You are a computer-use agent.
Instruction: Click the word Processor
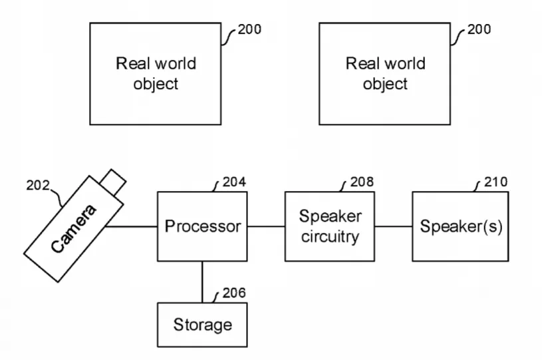(203, 227)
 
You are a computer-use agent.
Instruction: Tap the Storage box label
(203, 325)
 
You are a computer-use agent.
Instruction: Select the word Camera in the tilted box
(73, 229)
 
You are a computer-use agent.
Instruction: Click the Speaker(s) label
(461, 226)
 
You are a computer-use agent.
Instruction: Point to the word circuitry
(330, 237)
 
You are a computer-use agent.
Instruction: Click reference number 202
(38, 186)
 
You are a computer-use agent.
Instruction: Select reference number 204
(234, 182)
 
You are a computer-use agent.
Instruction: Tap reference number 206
(234, 293)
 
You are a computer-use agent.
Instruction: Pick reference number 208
(362, 182)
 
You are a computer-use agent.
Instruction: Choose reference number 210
(495, 182)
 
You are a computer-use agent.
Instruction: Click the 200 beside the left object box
(249, 29)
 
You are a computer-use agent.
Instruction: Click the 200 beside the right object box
(479, 29)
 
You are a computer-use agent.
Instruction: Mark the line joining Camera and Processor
(132, 227)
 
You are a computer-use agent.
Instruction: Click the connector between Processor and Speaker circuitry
(266, 227)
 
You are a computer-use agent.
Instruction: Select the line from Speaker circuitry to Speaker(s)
(393, 227)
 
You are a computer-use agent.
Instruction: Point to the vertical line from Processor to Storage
(202, 282)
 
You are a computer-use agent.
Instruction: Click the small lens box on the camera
(113, 182)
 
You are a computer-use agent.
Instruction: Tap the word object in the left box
(156, 84)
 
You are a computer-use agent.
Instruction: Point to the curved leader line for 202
(58, 198)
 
